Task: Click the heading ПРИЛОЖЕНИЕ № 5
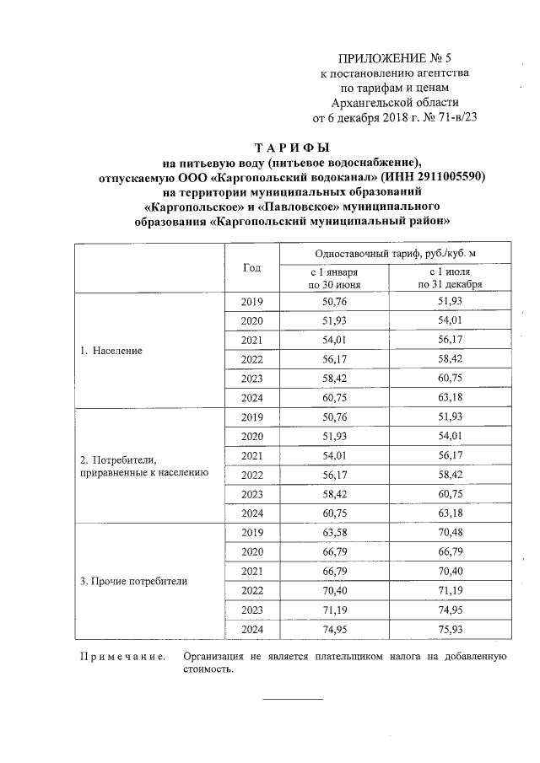[x=396, y=58]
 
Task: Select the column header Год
[x=251, y=267]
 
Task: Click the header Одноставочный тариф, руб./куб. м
[x=389, y=253]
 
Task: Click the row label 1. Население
[x=111, y=349]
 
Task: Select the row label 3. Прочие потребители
[x=133, y=581]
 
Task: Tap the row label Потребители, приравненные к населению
[x=143, y=466]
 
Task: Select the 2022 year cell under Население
[x=251, y=359]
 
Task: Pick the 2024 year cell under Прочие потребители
[x=251, y=631]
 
